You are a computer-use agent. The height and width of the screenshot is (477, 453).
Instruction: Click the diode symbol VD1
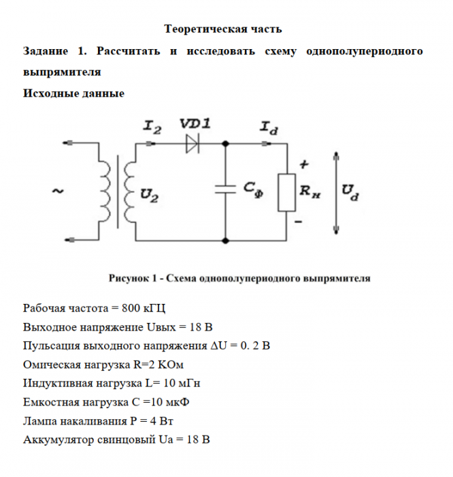click(x=194, y=144)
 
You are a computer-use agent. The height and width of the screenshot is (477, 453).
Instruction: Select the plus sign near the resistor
click(x=304, y=164)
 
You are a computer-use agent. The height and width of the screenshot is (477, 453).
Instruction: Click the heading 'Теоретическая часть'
click(x=223, y=30)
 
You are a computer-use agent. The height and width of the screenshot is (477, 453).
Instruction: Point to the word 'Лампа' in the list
click(x=39, y=420)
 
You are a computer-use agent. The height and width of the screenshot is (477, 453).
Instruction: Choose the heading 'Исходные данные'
click(x=73, y=93)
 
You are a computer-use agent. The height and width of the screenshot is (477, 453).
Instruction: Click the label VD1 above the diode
click(x=195, y=123)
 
